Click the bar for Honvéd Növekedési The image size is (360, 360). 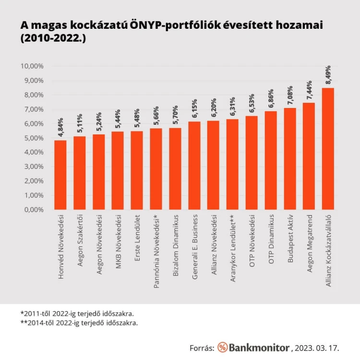(60, 175)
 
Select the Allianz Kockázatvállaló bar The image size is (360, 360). (328, 149)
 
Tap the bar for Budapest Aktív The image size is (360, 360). (290, 159)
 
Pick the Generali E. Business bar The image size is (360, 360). (194, 166)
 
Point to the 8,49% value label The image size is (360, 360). (328, 75)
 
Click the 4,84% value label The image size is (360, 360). (60, 127)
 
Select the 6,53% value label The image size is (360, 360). (252, 103)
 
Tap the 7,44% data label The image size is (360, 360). (309, 90)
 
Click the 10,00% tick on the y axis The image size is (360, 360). (32, 66)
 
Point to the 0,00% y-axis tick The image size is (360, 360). (34, 210)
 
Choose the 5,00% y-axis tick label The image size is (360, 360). (34, 138)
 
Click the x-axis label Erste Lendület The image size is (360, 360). (137, 238)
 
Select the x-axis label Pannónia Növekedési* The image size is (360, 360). (156, 252)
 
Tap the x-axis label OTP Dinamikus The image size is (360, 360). (271, 239)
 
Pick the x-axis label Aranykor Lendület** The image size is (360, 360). (233, 248)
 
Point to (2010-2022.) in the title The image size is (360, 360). (53, 38)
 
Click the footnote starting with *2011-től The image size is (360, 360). (77, 313)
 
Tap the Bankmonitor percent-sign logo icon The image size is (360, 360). (222, 347)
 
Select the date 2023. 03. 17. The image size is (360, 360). (317, 348)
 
